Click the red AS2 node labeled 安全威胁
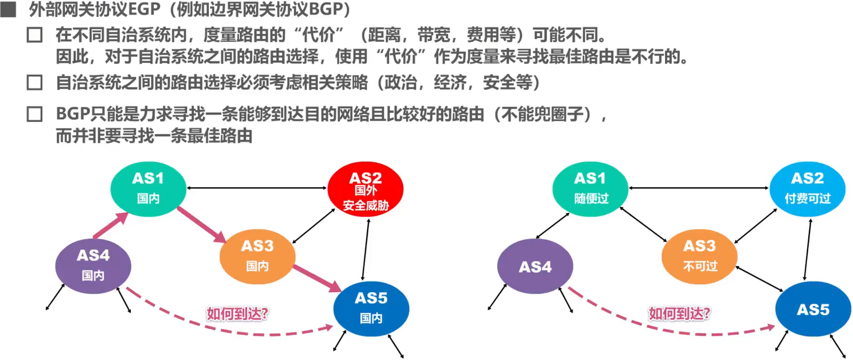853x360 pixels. (365, 189)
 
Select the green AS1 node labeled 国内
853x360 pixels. (148, 188)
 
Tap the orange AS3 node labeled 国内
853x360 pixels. (257, 256)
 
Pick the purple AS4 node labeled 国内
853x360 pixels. (93, 266)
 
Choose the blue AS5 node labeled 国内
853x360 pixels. (371, 308)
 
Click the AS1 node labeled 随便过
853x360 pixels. (590, 188)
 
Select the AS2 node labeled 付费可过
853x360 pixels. (807, 188)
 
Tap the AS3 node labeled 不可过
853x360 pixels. (700, 256)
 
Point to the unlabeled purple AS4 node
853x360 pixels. (535, 266)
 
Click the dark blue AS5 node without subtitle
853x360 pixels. (813, 309)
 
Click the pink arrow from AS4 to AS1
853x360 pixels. (111, 225)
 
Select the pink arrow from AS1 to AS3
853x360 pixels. (201, 224)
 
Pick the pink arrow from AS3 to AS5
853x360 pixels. (317, 278)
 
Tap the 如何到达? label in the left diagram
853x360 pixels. (238, 314)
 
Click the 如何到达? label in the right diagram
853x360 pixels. (679, 314)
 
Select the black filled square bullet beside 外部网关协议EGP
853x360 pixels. (8, 9)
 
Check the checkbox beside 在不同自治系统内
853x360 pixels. (35, 35)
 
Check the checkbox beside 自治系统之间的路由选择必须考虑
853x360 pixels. (35, 83)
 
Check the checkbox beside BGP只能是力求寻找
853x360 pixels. (35, 114)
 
